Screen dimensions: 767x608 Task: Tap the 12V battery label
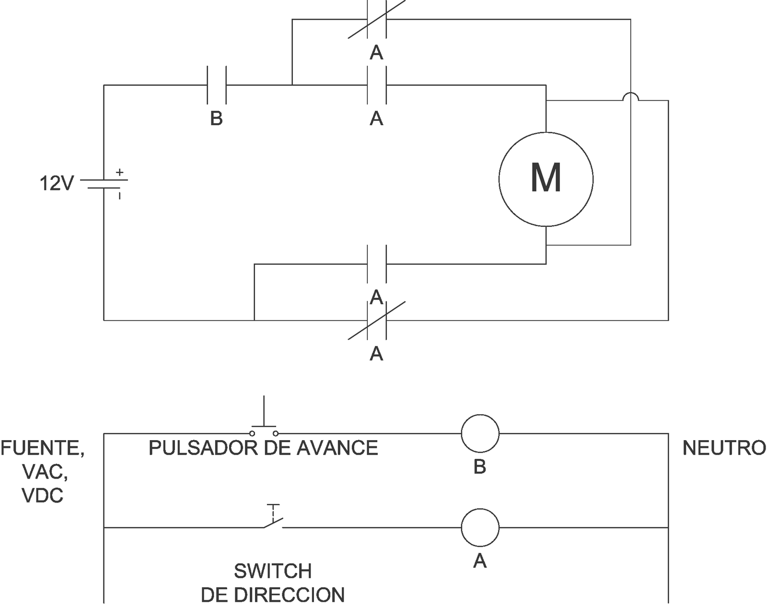pos(56,184)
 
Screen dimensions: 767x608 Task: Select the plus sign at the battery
pos(120,172)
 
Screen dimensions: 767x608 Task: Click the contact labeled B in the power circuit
pos(216,85)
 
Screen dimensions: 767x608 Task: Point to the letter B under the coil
pos(480,466)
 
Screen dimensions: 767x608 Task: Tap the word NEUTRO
pos(723,448)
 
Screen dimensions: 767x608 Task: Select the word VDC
pos(43,495)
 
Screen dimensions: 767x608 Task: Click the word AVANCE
pos(337,448)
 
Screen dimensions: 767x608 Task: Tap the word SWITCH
pos(273,571)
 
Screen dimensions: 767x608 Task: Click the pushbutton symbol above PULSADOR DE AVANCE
pos(264,426)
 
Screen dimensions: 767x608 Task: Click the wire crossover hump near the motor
pos(630,94)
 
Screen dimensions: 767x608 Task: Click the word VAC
pos(45,472)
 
